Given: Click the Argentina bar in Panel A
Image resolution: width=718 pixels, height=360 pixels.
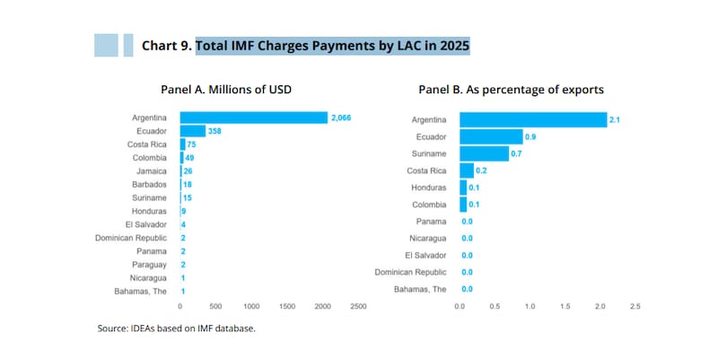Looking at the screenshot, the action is coord(254,118).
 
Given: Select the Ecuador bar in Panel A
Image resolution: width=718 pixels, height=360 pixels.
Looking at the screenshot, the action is coord(193,131).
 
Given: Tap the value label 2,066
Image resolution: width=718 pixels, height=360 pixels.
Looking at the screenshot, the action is coord(341,118).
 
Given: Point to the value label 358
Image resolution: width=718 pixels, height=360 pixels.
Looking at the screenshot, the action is coord(215,131).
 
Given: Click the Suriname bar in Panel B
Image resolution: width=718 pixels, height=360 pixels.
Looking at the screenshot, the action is coord(484,154).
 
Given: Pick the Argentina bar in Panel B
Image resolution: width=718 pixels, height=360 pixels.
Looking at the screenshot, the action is coord(533,119).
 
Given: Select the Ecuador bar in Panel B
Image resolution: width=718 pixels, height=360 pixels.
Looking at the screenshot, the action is coord(491,136).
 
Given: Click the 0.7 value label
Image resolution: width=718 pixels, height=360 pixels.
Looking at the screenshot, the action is coord(517,154).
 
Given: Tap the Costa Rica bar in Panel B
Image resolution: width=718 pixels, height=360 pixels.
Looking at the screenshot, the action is coord(467,171).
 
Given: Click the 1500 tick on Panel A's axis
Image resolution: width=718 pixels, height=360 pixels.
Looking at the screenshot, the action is coord(287,306).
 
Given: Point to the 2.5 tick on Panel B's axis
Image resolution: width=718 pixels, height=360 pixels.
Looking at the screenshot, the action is coord(635,306).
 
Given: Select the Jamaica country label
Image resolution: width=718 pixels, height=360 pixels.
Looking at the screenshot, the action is coord(152,171).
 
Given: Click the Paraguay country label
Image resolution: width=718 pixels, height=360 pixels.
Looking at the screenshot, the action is coord(149,265).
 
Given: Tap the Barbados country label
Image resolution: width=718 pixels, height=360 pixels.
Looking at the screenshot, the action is coord(149,184).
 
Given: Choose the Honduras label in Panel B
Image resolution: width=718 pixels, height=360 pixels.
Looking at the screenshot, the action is coord(429,188).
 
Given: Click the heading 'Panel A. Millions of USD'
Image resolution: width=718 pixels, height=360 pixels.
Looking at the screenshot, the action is coord(226,89).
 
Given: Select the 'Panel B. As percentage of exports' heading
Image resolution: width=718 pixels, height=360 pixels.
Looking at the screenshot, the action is coord(511,90).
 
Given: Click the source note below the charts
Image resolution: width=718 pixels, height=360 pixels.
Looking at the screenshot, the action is coord(176,329).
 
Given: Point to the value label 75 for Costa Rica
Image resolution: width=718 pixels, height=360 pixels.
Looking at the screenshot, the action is coord(191,145).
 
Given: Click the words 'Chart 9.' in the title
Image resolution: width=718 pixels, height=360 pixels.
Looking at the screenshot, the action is coord(167,46).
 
